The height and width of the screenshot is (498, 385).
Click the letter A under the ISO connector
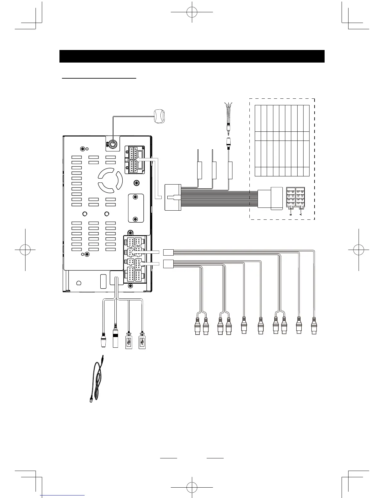[x=301, y=214]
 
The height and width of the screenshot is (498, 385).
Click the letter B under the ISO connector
[x=291, y=214]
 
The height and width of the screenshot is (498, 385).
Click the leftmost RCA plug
[x=197, y=327]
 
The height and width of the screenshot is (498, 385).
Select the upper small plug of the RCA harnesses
[x=169, y=252]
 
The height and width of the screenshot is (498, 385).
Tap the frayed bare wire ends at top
[x=227, y=106]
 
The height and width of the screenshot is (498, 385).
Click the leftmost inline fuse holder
[x=199, y=170]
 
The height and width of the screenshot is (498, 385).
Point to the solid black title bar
[x=192, y=56]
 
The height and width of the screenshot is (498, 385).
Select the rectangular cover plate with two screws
[x=136, y=208]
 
